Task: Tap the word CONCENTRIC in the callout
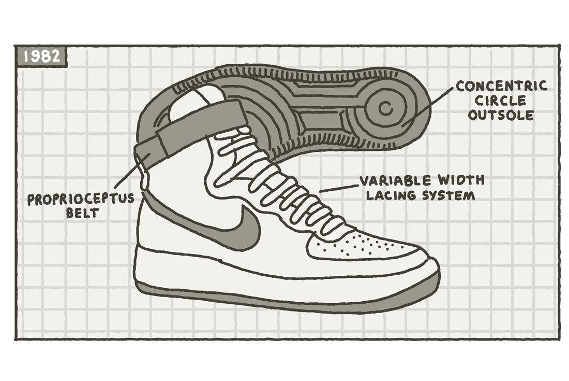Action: point(501,86)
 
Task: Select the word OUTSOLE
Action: point(501,115)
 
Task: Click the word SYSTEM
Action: point(445,196)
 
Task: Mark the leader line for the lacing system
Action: point(339,187)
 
